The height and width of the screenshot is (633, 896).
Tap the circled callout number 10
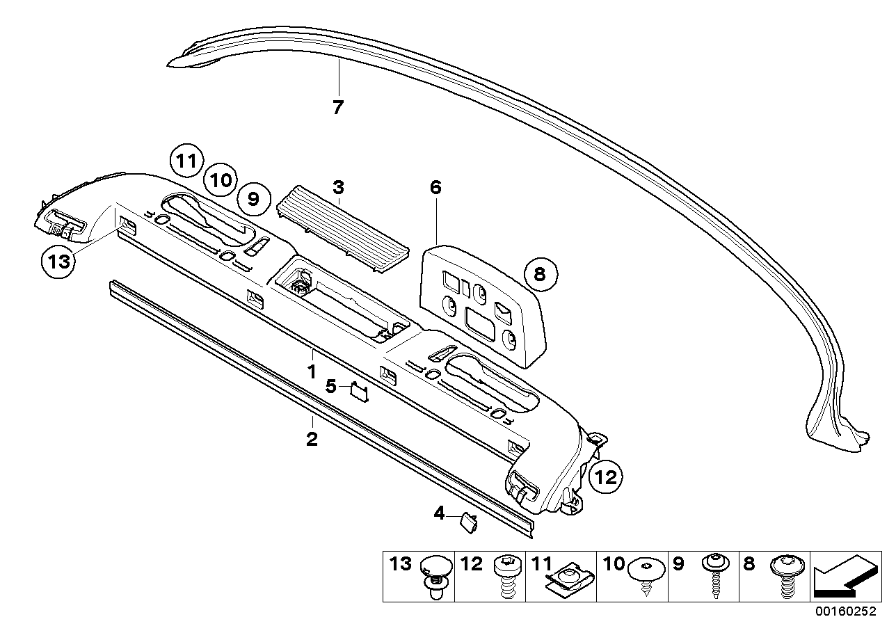pyautogui.click(x=220, y=181)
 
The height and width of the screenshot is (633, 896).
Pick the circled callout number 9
pyautogui.click(x=253, y=200)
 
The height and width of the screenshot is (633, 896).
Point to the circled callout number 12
pyautogui.click(x=606, y=477)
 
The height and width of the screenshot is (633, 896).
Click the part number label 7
pyautogui.click(x=338, y=108)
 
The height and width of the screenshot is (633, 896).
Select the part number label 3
pyautogui.click(x=338, y=187)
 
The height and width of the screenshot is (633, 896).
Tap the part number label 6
pyautogui.click(x=436, y=187)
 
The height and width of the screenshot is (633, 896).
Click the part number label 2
pyautogui.click(x=312, y=440)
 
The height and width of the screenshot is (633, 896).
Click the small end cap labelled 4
pyautogui.click(x=467, y=521)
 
